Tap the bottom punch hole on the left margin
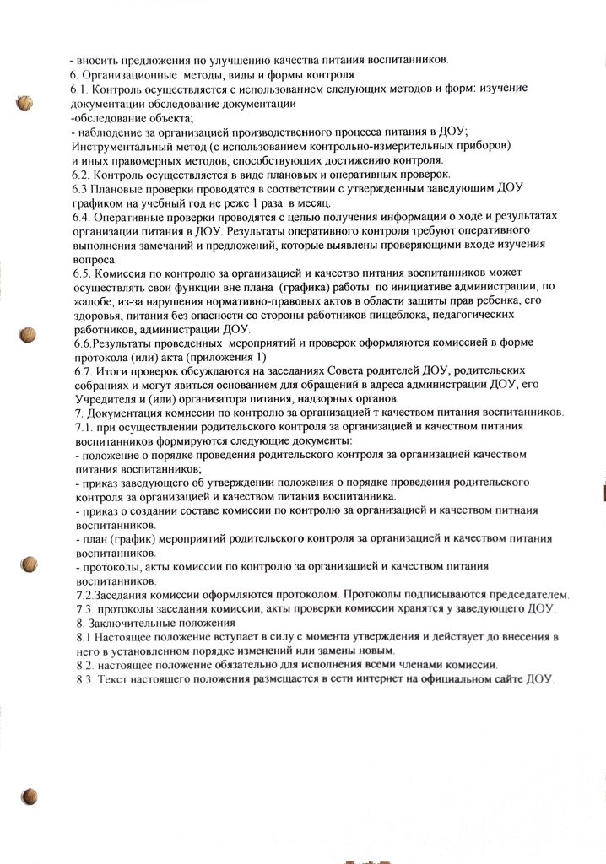pyautogui.click(x=30, y=796)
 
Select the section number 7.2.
pyautogui.click(x=84, y=595)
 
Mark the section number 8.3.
pyautogui.click(x=85, y=681)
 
